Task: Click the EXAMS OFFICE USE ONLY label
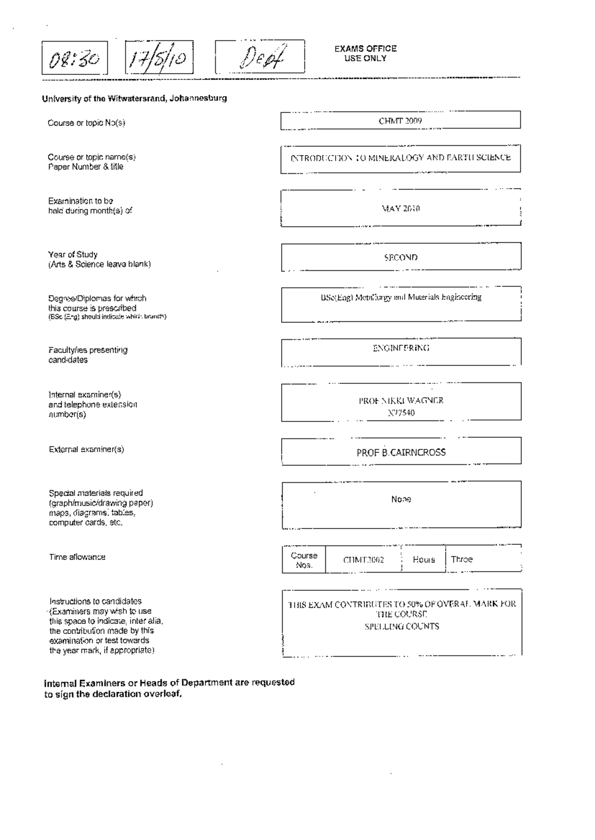pyautogui.click(x=365, y=53)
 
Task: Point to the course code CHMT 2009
pyautogui.click(x=400, y=121)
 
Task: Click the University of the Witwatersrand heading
pyautogui.click(x=134, y=98)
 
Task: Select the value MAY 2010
pyautogui.click(x=401, y=209)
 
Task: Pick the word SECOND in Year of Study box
pyautogui.click(x=401, y=258)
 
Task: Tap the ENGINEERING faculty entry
pyautogui.click(x=401, y=348)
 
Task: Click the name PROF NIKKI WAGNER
pyautogui.click(x=401, y=401)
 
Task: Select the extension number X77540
pyautogui.click(x=401, y=413)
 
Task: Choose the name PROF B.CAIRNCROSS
pyautogui.click(x=401, y=452)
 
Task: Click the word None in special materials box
pyautogui.click(x=401, y=499)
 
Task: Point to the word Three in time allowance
pyautogui.click(x=462, y=559)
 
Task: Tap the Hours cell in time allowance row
pyautogui.click(x=423, y=560)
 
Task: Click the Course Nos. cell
pyautogui.click(x=304, y=560)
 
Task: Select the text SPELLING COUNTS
pyautogui.click(x=402, y=627)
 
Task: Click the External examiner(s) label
pyautogui.click(x=86, y=449)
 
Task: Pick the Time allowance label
pyautogui.click(x=77, y=557)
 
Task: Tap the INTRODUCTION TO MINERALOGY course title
pyautogui.click(x=401, y=158)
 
